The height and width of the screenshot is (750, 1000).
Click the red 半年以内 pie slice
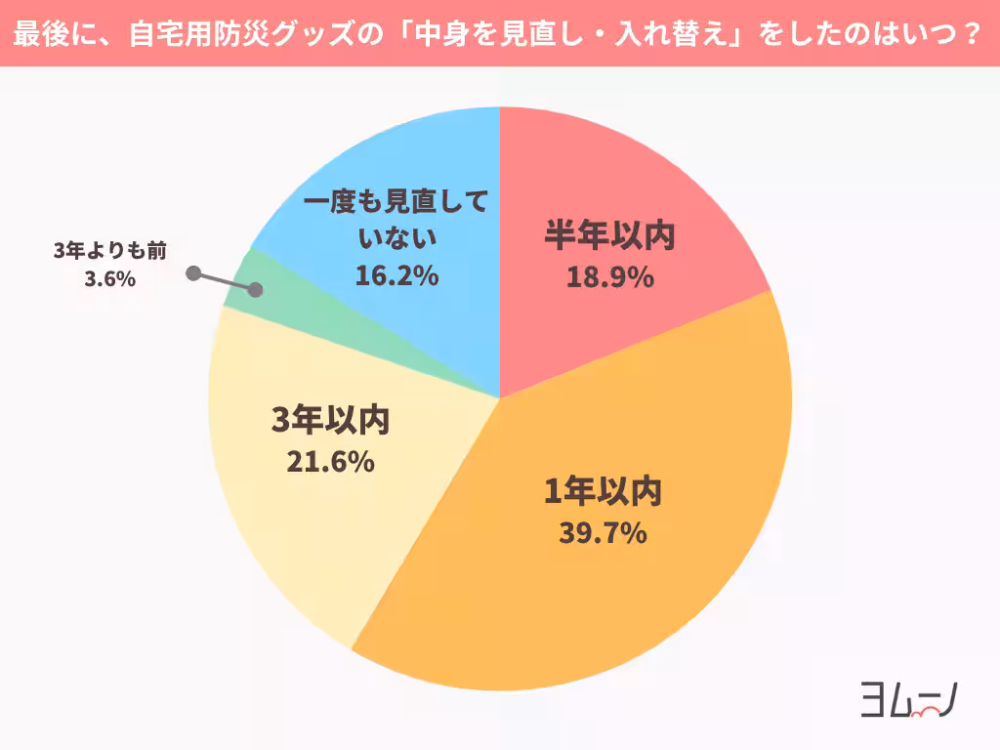(x=625, y=195)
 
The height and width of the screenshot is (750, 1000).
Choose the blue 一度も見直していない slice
(x=391, y=166)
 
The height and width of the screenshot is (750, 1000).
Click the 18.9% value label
(x=609, y=278)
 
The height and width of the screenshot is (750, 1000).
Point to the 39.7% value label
(x=603, y=534)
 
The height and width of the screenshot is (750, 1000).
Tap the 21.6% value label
(x=330, y=463)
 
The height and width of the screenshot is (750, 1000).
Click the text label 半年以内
(x=609, y=236)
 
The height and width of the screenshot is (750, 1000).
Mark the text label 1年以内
(x=603, y=492)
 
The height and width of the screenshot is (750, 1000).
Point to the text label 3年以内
(x=330, y=421)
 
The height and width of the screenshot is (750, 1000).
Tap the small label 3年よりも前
(x=109, y=252)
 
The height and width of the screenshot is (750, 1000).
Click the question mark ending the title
(x=971, y=34)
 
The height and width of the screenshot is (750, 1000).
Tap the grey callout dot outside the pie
(x=193, y=273)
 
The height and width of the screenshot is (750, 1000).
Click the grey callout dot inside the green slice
(x=256, y=290)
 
